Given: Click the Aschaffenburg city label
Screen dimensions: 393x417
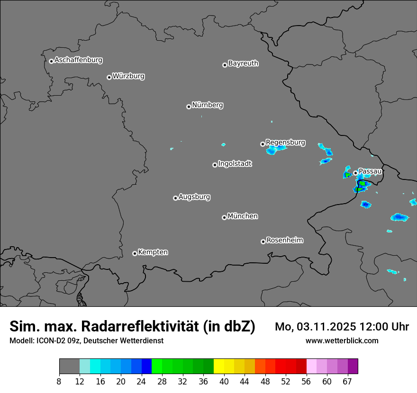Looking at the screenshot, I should point(78,60).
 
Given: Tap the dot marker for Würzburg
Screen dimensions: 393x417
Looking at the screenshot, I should point(109,77).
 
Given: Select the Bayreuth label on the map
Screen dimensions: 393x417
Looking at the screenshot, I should point(243,63).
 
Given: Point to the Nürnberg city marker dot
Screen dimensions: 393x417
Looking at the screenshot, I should point(189,107).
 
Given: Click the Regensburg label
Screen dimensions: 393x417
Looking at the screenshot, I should point(285,142).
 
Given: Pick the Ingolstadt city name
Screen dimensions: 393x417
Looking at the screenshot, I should point(235,164).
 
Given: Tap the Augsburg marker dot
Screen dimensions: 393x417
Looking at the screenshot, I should point(175,198).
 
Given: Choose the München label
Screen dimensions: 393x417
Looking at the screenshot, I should point(243,216).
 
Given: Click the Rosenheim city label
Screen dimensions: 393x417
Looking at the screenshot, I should point(284,240).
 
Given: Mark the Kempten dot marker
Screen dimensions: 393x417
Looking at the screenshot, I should point(135,253).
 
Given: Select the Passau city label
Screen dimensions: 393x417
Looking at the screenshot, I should point(370,171).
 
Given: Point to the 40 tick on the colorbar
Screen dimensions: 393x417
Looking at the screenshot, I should point(224,382).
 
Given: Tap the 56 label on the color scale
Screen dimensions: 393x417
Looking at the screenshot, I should point(306,382).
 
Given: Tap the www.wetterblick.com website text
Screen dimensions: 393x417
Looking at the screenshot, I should point(342,340).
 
